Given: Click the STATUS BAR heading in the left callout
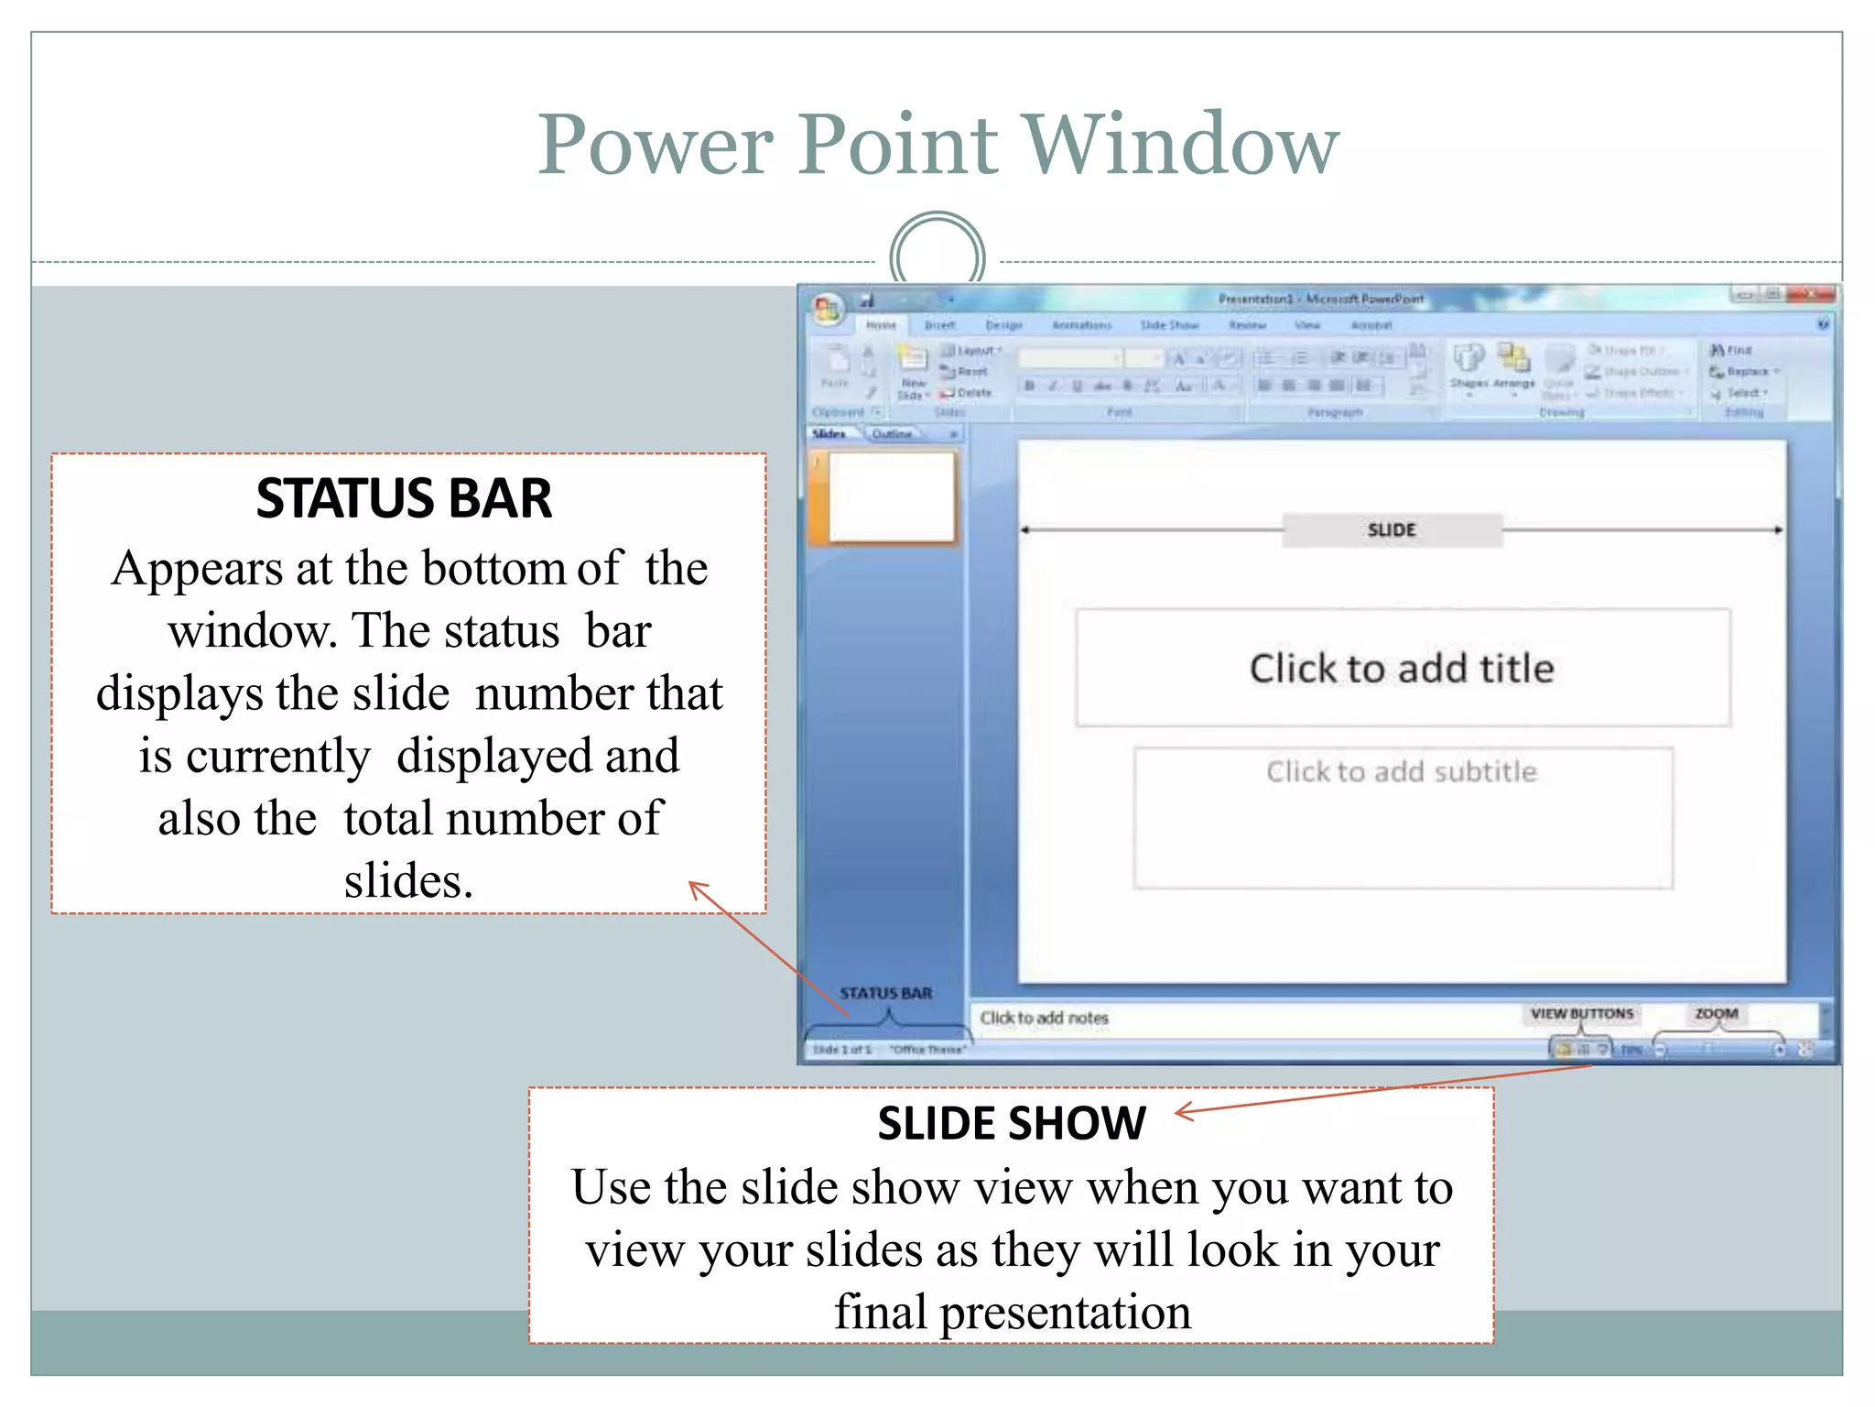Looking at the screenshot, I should [x=404, y=499].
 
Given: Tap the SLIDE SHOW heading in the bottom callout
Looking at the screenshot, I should [x=1011, y=1123].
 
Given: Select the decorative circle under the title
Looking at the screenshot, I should [x=937, y=256].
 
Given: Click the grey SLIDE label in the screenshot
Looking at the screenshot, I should [x=1392, y=530].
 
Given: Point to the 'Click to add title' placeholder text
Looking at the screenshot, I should [x=1402, y=668].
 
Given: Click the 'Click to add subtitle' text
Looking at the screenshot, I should [x=1402, y=771].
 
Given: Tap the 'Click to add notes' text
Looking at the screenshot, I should [x=1044, y=1018].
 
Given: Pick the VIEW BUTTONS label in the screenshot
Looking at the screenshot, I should [x=1582, y=1013].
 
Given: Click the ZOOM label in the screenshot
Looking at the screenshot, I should [x=1716, y=1013].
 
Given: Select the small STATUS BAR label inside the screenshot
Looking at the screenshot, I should [x=885, y=993].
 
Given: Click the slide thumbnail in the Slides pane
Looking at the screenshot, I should [x=891, y=497].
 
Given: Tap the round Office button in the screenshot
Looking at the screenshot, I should [x=827, y=310].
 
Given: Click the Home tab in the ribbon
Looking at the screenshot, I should [x=881, y=325].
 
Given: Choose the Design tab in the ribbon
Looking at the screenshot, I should [x=1003, y=325].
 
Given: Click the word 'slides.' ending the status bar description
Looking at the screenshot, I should [x=408, y=881].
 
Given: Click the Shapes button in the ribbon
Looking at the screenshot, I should [x=1469, y=366].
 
